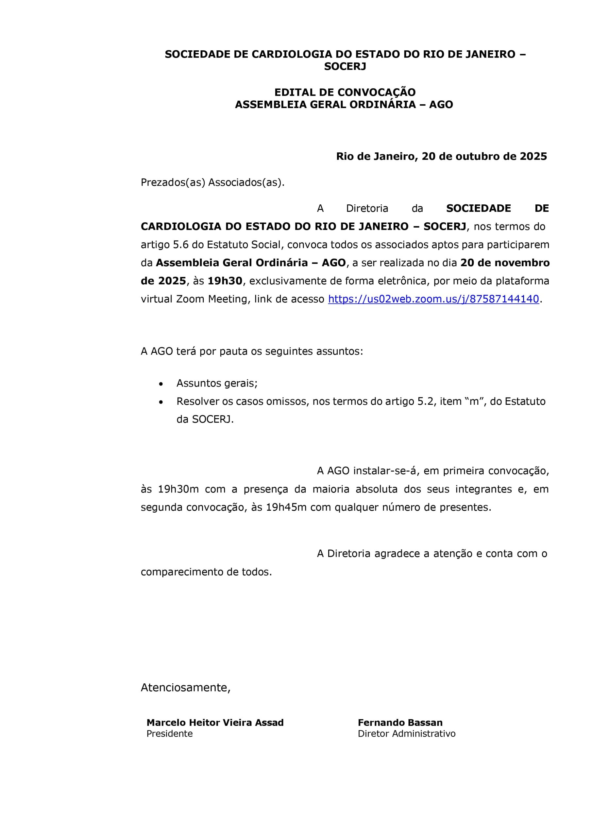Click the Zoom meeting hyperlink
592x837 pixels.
(433, 299)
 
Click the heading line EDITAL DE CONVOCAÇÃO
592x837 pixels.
(345, 92)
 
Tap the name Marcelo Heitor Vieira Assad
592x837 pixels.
(215, 723)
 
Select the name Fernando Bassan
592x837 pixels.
(400, 723)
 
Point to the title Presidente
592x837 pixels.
(170, 733)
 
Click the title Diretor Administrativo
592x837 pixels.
(406, 733)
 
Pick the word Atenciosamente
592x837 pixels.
(185, 688)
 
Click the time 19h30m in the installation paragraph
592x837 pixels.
(178, 489)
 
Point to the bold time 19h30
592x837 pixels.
(225, 281)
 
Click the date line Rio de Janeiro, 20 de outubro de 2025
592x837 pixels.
(441, 157)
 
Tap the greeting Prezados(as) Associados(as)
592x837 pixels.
(212, 183)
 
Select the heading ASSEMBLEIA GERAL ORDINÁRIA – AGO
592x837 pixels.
(344, 105)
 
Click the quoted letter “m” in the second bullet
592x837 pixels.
(474, 402)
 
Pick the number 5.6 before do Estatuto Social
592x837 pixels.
(181, 245)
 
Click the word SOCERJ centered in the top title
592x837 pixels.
(345, 67)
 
